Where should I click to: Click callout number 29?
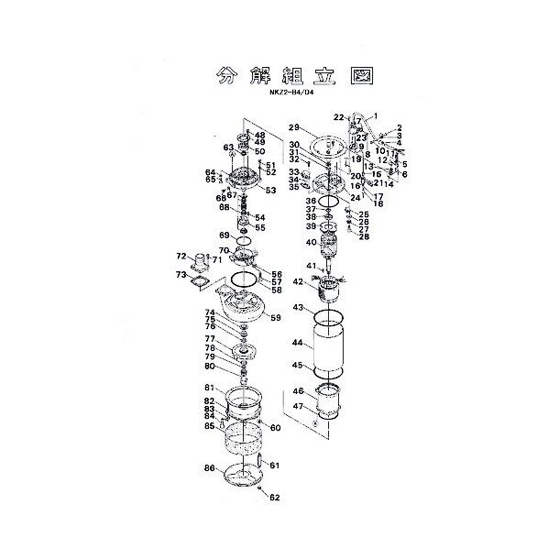(295, 127)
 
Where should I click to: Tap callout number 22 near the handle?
(337, 116)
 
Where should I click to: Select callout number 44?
(297, 343)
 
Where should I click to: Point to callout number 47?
(297, 406)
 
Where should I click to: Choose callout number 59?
(275, 318)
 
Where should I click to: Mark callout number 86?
(209, 468)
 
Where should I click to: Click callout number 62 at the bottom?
(275, 498)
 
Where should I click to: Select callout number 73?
(181, 274)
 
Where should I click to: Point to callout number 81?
(209, 387)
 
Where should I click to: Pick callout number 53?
(270, 190)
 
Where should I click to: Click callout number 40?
(311, 243)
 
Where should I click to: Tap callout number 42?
(298, 282)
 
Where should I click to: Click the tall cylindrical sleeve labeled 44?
(329, 348)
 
